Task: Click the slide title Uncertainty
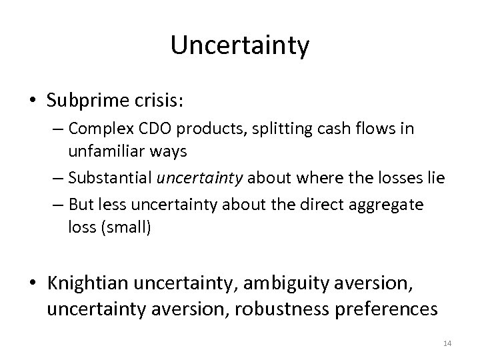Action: pos(240,46)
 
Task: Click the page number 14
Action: pos(447,343)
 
